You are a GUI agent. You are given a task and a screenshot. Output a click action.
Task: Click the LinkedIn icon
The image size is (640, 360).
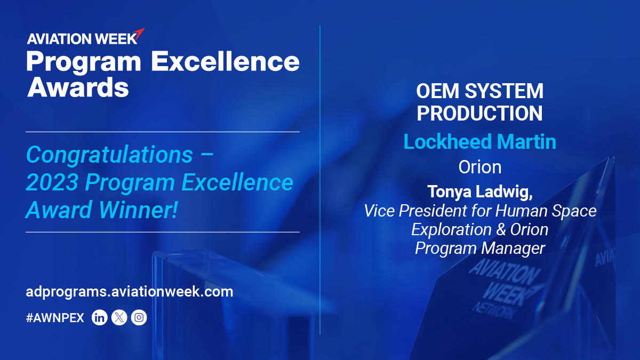coord(100,318)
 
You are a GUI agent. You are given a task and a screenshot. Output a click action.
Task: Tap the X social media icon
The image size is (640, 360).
coord(119,318)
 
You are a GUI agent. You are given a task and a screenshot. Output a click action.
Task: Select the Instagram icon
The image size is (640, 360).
coord(139,318)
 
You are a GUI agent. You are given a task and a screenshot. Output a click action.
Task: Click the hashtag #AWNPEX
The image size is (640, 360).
coord(55,318)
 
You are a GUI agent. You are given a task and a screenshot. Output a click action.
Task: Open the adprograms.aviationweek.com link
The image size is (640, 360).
coord(129,292)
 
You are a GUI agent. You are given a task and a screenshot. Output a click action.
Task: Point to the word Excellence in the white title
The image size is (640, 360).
coord(225,62)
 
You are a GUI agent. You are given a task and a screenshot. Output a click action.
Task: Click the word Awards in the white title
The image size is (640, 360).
coord(78,87)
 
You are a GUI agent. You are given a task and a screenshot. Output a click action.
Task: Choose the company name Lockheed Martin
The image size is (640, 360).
coord(479,142)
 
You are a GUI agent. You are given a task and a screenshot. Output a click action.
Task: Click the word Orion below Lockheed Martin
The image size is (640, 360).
coord(479,167)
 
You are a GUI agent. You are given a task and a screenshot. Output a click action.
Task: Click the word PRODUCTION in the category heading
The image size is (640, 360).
coord(479,113)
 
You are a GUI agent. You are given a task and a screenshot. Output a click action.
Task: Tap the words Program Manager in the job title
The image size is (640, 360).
coord(479,248)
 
